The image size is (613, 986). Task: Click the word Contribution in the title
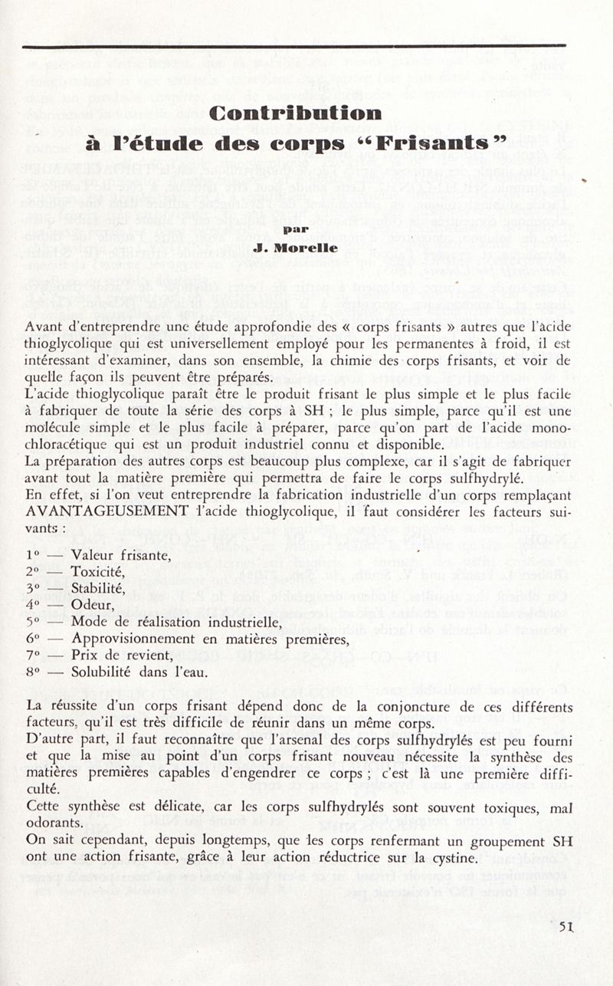click(x=296, y=113)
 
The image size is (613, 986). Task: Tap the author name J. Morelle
click(x=295, y=248)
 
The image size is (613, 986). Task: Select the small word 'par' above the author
click(x=295, y=228)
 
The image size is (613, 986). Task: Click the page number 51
click(x=567, y=926)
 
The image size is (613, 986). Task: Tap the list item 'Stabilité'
click(x=97, y=589)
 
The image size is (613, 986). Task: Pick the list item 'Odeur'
click(x=93, y=606)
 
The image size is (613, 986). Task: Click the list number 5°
click(x=33, y=623)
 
